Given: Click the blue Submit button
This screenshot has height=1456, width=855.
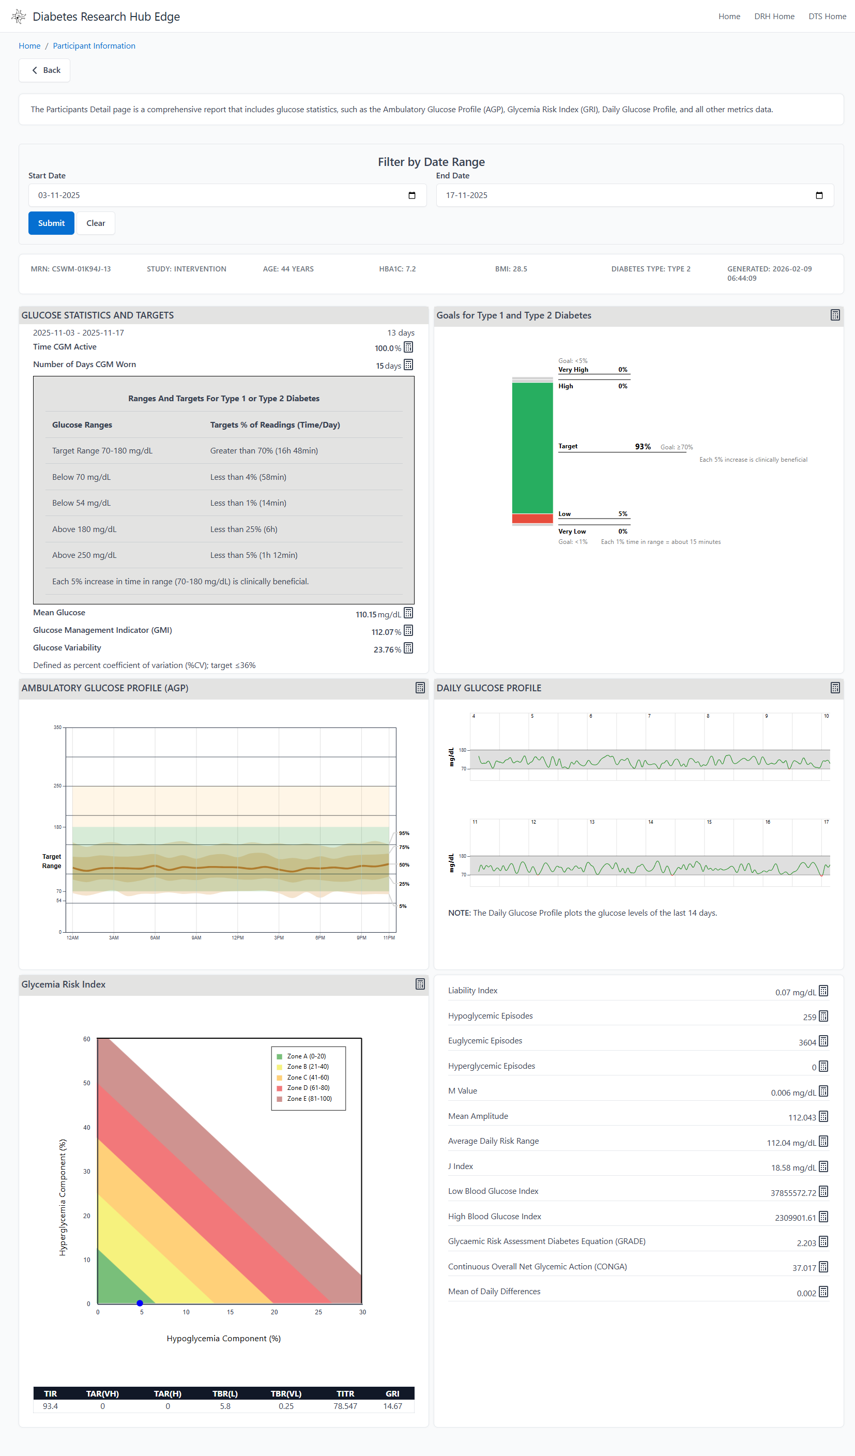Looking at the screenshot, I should point(51,223).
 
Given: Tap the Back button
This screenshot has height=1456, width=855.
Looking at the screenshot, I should point(44,70).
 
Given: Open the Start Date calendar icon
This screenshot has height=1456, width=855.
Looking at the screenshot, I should point(411,195).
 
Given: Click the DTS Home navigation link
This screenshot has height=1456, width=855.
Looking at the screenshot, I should point(827,16).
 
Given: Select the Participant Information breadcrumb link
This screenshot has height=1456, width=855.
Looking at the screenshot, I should point(94,45).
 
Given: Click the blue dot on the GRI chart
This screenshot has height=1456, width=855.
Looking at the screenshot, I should point(140,1303).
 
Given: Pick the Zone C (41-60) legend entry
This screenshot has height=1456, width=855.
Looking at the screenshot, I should point(308,1077).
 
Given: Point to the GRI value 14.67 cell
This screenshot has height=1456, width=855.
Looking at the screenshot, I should point(392,1406).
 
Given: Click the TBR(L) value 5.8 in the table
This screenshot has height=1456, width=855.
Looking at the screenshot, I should point(225,1406).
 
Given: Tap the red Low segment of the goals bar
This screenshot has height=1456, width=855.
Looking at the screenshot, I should point(532,518).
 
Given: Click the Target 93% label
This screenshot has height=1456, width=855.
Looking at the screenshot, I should point(643,447).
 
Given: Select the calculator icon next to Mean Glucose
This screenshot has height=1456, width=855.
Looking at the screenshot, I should point(408,613).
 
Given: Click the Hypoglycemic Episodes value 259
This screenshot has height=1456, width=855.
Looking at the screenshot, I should point(809,1017).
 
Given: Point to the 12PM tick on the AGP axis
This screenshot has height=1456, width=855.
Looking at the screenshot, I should point(237,938).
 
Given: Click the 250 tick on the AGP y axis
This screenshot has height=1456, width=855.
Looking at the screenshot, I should point(57,786).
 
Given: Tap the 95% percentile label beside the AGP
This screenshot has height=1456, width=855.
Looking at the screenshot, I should point(404,833).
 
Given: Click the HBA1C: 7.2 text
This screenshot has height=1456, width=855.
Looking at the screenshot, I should point(397,269).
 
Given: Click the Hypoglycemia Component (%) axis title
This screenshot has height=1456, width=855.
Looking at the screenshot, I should point(223,1338).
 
